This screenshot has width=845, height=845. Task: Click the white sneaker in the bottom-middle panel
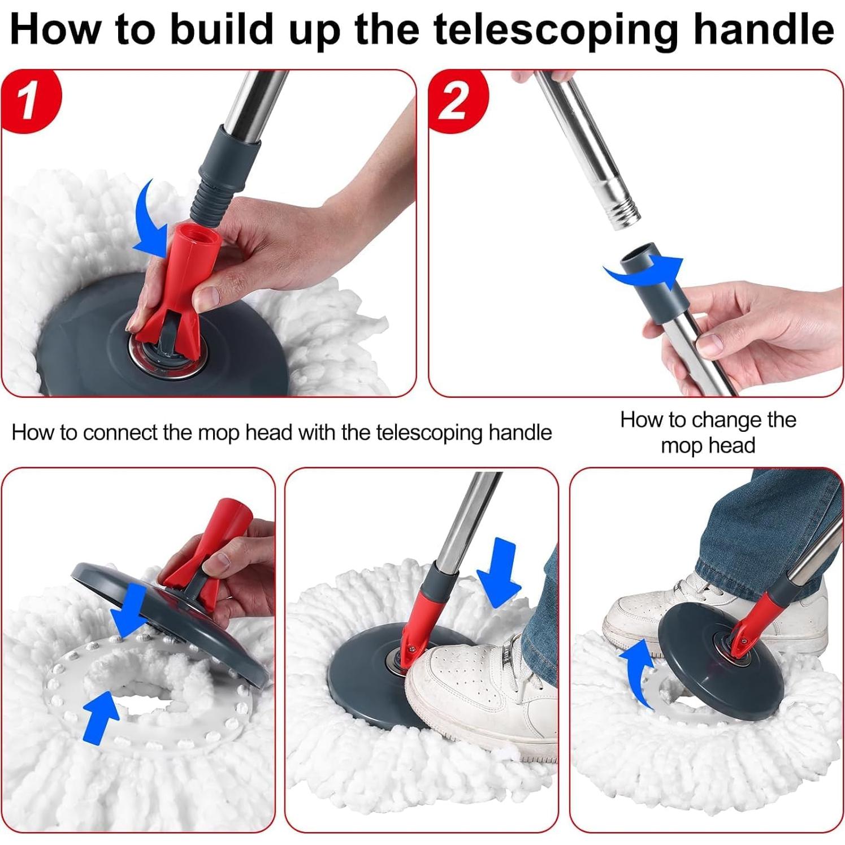point(475,695)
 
